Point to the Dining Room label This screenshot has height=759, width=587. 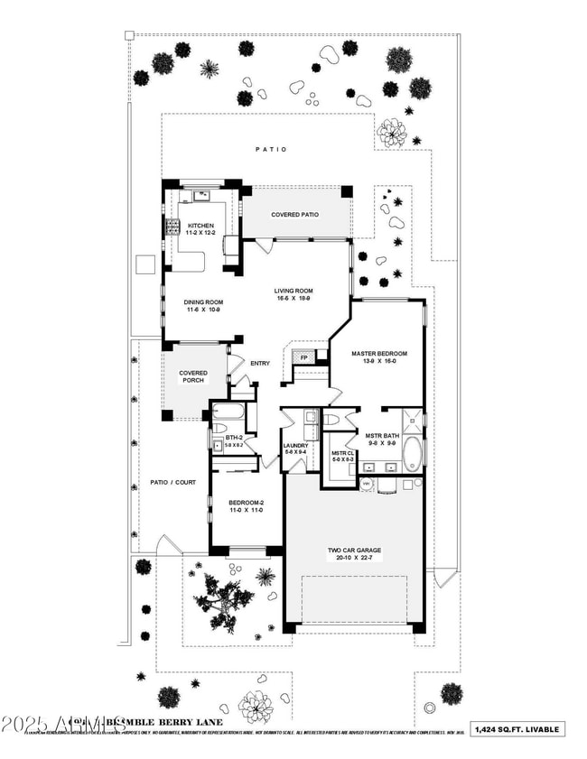203,306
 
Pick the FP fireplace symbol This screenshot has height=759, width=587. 304,357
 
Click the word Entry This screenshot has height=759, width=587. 260,364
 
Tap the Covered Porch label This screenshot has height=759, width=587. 193,376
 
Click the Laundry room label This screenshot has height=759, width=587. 295,449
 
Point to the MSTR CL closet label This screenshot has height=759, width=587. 340,457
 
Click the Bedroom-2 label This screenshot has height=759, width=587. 245,506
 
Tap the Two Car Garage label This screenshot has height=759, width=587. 354,552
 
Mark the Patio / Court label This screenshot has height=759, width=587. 172,482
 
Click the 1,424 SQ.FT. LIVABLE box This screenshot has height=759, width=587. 528,729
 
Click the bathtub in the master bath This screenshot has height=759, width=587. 412,454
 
